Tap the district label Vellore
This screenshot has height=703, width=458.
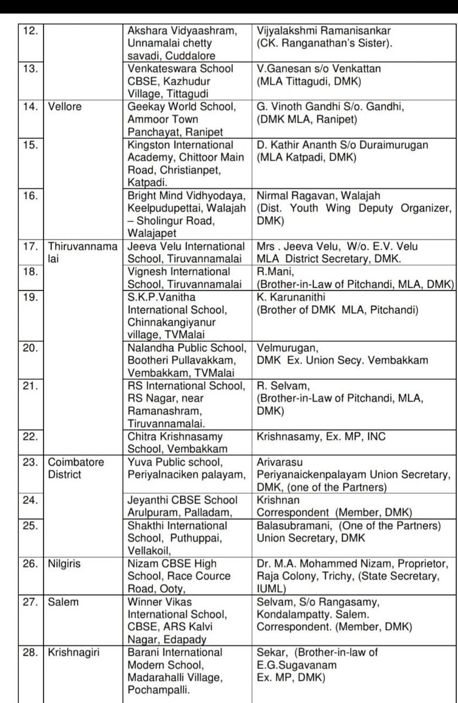(65, 107)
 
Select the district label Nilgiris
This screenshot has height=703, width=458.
(65, 564)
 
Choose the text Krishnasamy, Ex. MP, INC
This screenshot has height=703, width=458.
(321, 436)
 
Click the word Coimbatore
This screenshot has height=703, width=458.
(76, 462)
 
